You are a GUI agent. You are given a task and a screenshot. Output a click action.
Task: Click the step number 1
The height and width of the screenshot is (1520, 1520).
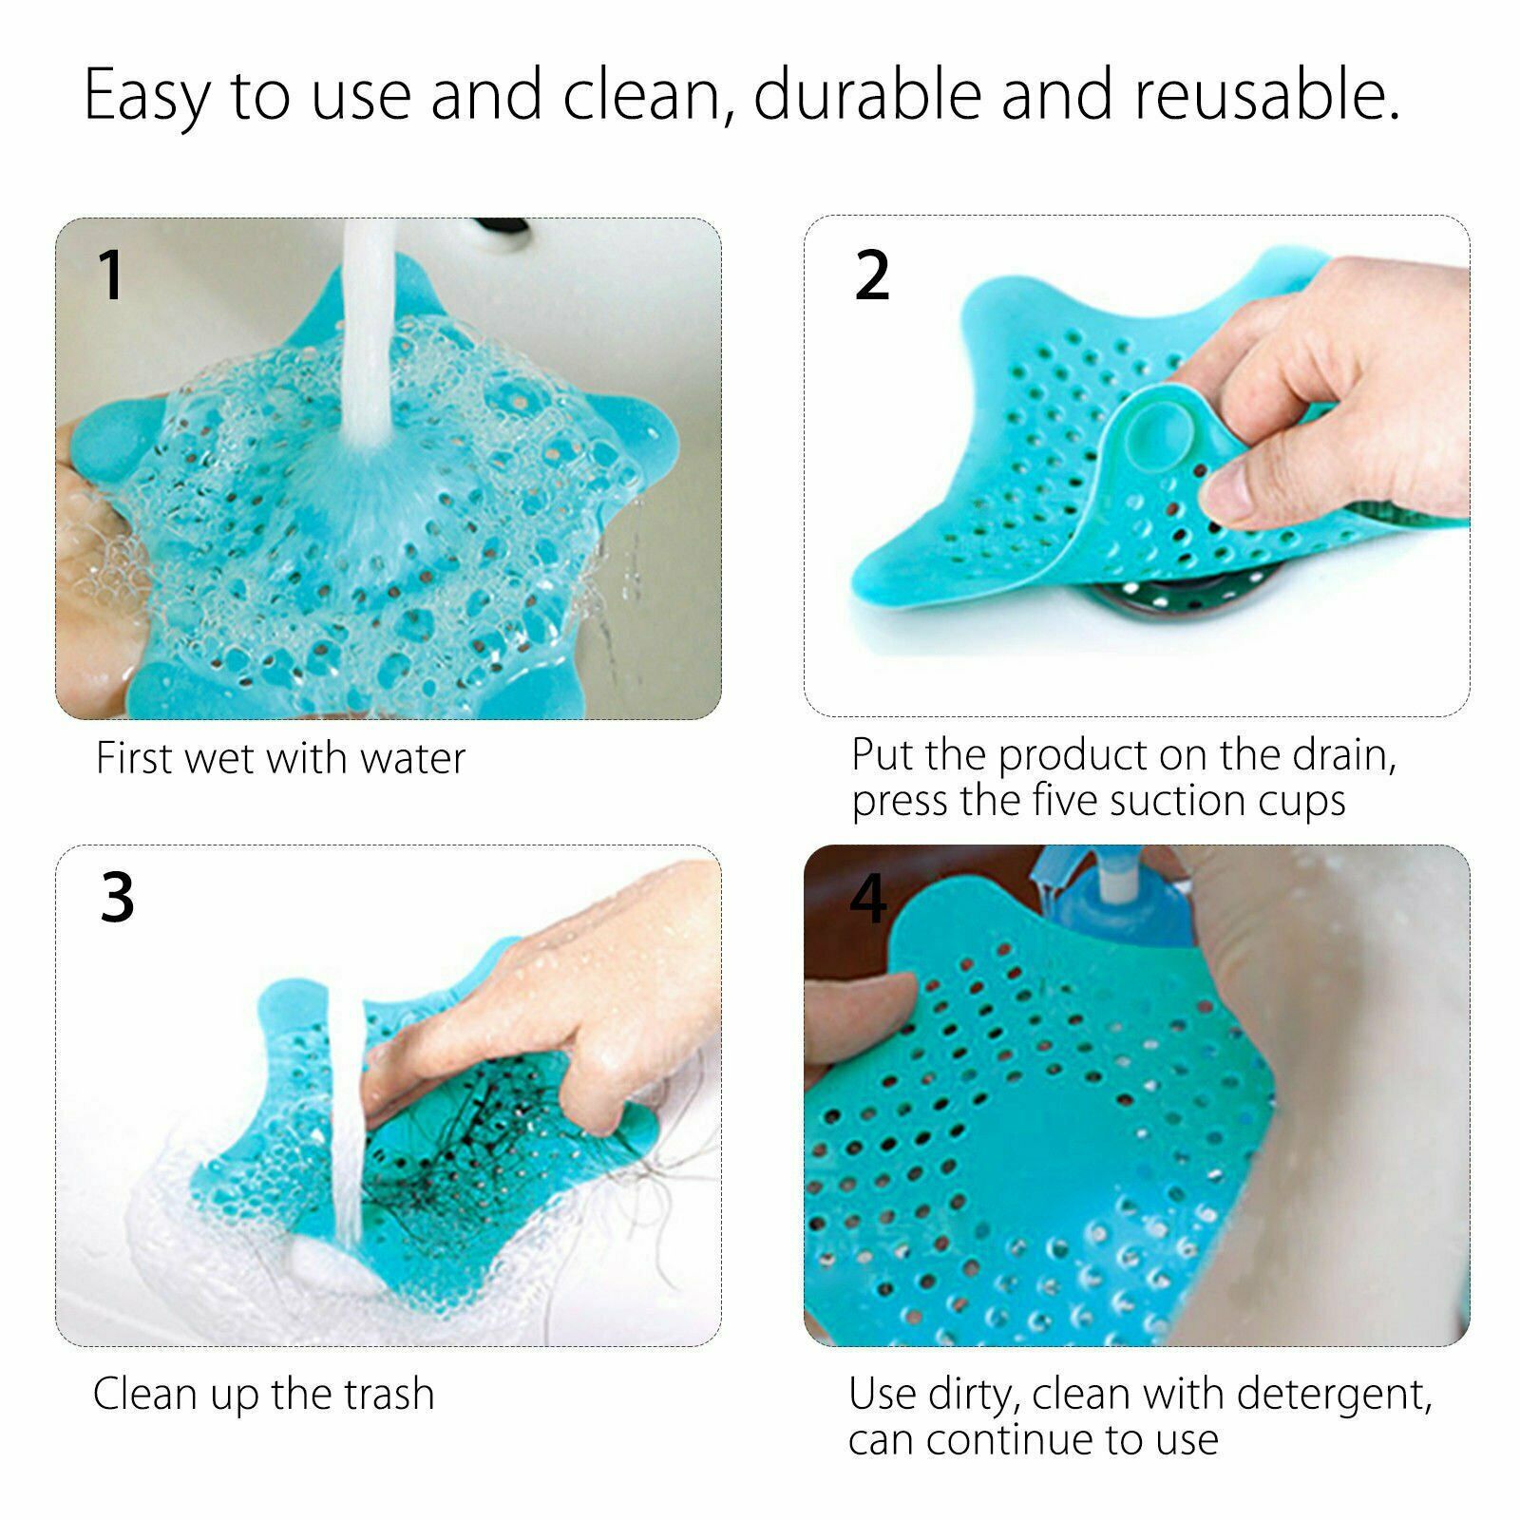coord(112,275)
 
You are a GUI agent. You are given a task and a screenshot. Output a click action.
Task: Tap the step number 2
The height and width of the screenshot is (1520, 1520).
coord(872,275)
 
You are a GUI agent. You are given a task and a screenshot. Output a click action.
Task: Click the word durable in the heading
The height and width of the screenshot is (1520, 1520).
coord(867,95)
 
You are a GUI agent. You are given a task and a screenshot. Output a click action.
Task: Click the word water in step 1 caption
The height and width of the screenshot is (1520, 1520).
coord(413,759)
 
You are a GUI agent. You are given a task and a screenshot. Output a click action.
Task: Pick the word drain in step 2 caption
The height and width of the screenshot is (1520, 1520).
coord(1344,755)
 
